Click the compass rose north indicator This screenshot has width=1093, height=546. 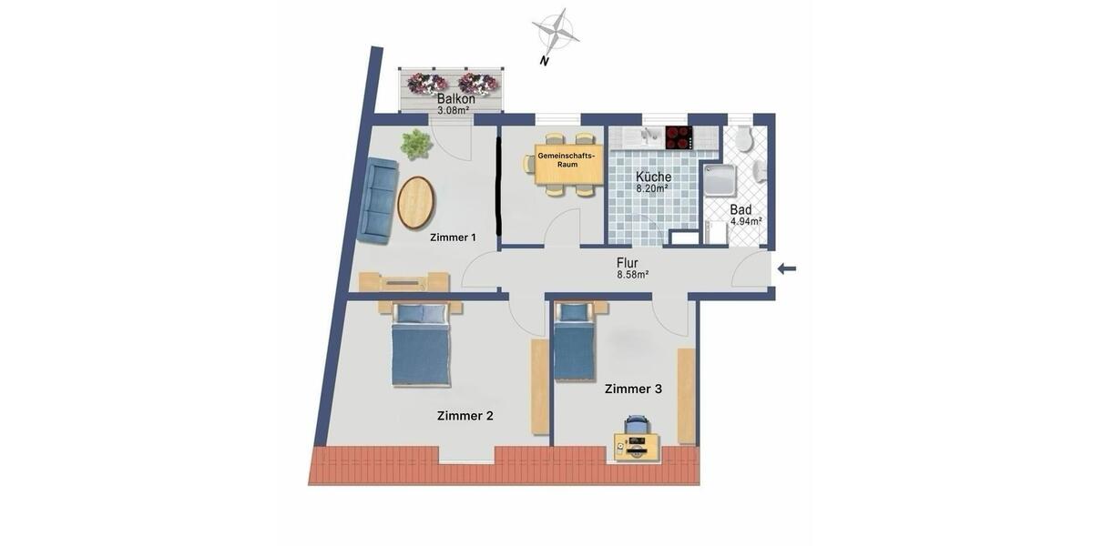click(x=555, y=33)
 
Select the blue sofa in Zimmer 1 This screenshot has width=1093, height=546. click(x=376, y=200)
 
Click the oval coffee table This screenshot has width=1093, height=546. click(x=415, y=202)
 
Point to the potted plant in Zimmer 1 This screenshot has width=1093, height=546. click(x=416, y=143)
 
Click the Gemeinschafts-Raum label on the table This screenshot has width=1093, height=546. click(x=566, y=160)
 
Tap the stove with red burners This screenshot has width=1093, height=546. click(x=679, y=137)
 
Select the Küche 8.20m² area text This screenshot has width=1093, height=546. click(x=653, y=182)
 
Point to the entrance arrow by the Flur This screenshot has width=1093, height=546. click(x=787, y=268)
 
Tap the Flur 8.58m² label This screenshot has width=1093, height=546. click(x=632, y=268)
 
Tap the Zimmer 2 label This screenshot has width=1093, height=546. click(x=465, y=416)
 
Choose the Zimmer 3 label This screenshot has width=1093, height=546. click(x=633, y=389)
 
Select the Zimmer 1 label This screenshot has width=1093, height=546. click(x=453, y=238)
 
